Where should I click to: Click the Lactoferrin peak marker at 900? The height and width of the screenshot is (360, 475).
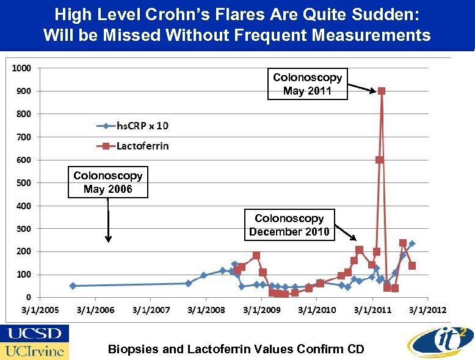click(382, 91)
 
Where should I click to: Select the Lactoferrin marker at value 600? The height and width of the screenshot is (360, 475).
click(379, 160)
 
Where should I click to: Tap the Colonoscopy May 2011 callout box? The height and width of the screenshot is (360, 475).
click(308, 84)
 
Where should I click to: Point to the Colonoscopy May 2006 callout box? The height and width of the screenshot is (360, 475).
click(108, 182)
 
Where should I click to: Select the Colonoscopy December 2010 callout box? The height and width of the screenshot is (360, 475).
click(289, 225)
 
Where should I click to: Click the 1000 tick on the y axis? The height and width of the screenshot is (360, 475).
click(22, 68)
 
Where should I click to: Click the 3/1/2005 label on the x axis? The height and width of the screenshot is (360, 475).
click(41, 310)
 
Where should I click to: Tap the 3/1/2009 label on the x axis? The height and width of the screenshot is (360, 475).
click(262, 310)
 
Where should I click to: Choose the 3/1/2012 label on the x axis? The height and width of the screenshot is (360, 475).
click(428, 310)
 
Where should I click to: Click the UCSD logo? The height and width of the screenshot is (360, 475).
click(34, 334)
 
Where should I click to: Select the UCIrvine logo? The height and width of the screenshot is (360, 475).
click(34, 351)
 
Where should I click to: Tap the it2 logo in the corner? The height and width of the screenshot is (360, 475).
click(438, 340)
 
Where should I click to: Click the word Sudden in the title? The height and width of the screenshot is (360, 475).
click(391, 13)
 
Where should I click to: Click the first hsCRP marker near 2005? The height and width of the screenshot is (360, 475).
click(73, 286)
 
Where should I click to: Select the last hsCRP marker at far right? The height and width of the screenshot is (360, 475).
click(412, 243)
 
